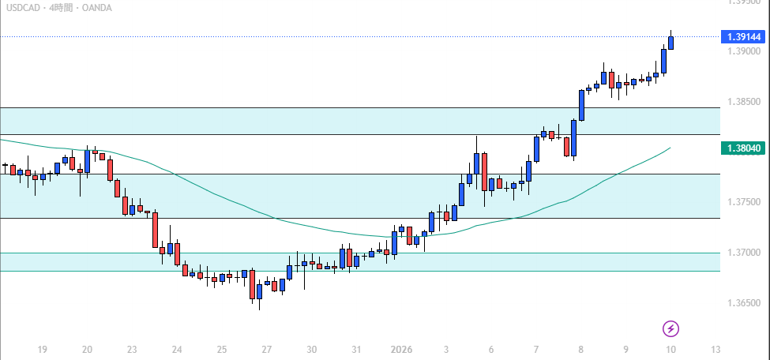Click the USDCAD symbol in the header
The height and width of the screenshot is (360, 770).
click(23, 8)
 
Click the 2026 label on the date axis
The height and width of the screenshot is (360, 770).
click(402, 349)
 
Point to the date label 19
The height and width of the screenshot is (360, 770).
click(43, 349)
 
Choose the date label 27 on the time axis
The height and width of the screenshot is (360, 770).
click(267, 349)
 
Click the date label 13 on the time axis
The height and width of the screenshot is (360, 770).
click(716, 349)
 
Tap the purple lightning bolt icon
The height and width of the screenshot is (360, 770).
click(670, 328)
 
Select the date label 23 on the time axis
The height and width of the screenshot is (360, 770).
click(132, 349)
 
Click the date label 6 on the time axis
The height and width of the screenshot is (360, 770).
click(490, 349)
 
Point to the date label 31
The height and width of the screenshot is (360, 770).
click(356, 349)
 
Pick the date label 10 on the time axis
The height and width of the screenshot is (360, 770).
click(670, 349)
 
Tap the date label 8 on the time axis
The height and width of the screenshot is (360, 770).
click(580, 349)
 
